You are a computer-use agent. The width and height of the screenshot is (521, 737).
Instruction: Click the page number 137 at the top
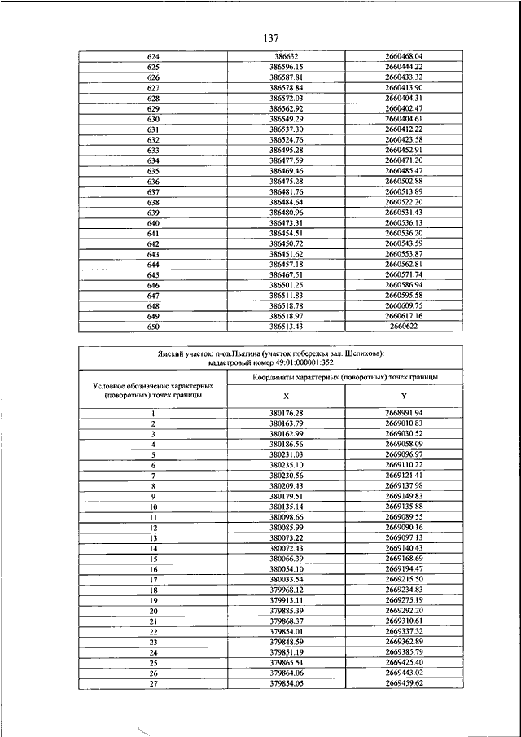(271, 37)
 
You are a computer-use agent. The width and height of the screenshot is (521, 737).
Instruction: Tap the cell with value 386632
(287, 56)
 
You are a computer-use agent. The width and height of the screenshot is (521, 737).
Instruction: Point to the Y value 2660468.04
(405, 56)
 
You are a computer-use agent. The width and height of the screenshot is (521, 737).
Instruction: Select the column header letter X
(286, 395)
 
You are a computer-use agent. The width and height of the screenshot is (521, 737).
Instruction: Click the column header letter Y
(405, 395)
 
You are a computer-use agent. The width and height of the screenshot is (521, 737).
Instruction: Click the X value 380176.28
(287, 414)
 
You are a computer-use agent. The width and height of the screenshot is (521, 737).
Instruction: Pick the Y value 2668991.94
(405, 414)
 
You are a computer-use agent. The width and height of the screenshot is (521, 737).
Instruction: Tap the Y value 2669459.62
(405, 683)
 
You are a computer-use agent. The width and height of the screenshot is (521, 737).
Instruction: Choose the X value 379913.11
(287, 600)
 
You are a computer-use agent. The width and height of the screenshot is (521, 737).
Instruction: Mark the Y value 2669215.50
(405, 580)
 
